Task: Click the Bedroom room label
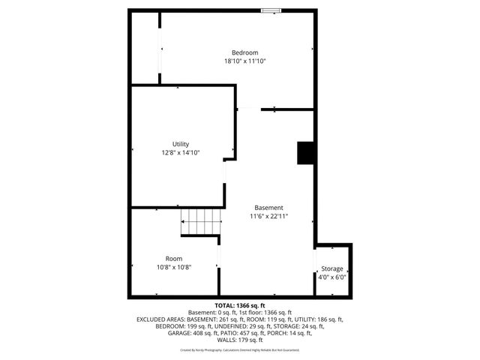244,52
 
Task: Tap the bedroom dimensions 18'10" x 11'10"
244,61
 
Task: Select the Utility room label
181,144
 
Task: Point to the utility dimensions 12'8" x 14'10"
181,153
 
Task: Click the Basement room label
268,207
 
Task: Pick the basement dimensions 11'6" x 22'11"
268,216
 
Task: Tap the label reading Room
174,259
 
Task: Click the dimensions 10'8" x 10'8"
174,268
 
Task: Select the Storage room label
332,268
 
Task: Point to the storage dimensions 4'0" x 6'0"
332,277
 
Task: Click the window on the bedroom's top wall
271,10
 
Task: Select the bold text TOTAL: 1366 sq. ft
239,306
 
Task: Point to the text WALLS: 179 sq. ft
239,339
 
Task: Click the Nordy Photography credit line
239,349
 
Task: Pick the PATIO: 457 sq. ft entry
241,332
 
